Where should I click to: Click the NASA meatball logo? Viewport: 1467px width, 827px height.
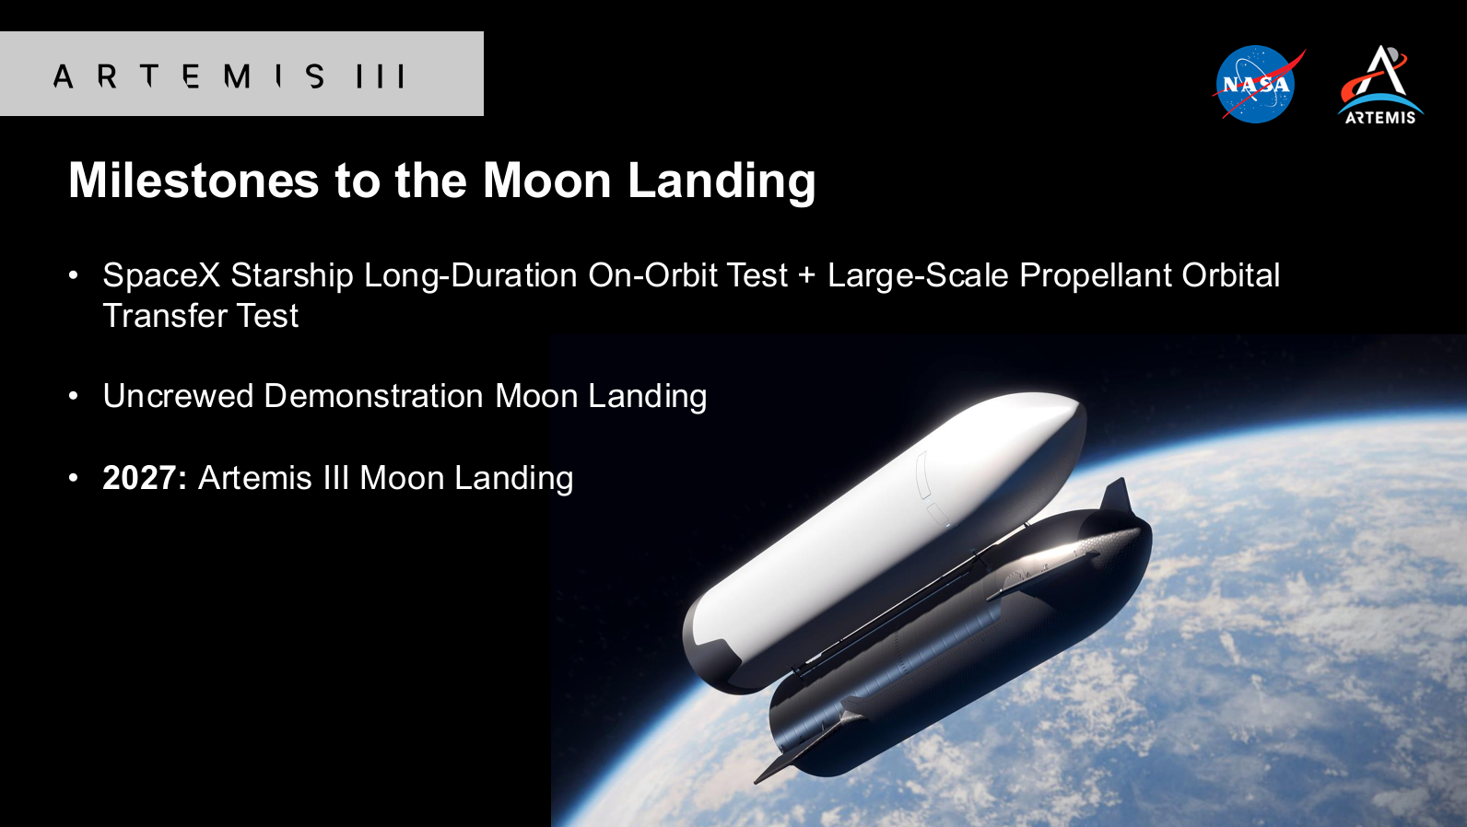click(x=1256, y=84)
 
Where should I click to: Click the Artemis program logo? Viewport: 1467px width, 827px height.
click(x=1380, y=85)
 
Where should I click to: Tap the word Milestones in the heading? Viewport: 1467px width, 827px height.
click(x=194, y=180)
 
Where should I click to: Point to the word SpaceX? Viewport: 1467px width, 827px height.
click(x=162, y=275)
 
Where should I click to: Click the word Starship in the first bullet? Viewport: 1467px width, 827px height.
click(x=292, y=275)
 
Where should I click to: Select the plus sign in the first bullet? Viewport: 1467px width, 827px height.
click(x=807, y=275)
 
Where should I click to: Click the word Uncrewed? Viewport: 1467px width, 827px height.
click(x=178, y=396)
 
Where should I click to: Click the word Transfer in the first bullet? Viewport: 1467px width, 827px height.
click(x=164, y=316)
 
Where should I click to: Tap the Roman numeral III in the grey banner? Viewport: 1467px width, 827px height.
click(x=381, y=76)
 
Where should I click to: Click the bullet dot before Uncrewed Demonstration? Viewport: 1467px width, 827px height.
click(x=74, y=396)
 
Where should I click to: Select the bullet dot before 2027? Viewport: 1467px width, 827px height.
click(x=74, y=478)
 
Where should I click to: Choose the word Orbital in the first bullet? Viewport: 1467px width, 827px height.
click(x=1230, y=275)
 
